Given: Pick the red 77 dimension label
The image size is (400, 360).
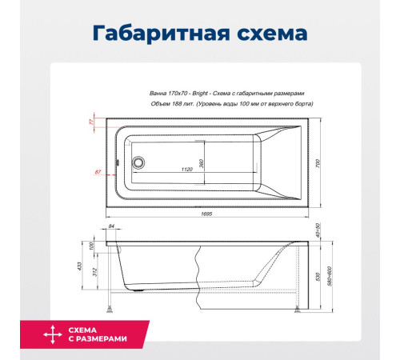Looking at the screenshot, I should coord(90,122).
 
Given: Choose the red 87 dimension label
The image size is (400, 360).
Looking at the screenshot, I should coord(97,172).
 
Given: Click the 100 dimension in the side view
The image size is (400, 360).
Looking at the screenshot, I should coord(92,245).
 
